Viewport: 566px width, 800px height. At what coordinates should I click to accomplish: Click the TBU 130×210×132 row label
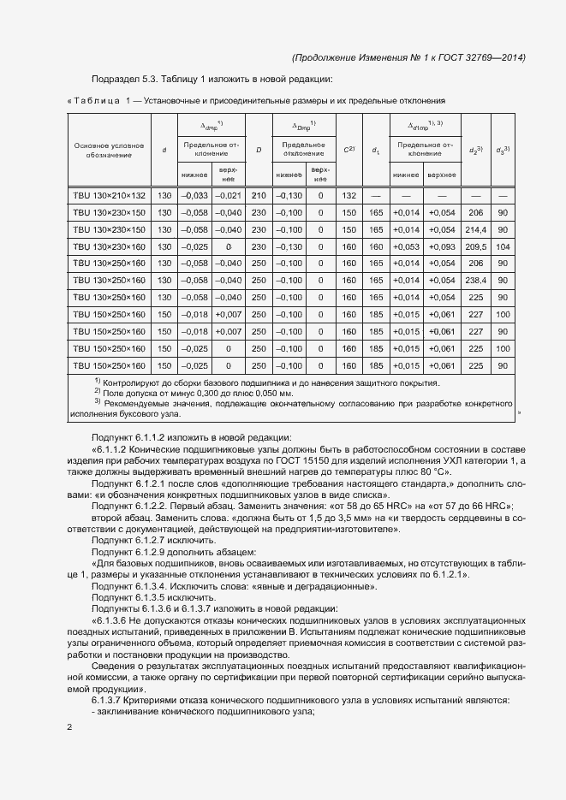pos(110,196)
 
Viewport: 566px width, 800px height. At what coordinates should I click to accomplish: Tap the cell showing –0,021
pos(229,196)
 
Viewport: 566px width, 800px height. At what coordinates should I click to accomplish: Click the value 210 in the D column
pos(259,196)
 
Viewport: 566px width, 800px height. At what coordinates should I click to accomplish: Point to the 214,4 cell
pos(477,230)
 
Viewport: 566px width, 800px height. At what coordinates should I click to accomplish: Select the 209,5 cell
pos(477,246)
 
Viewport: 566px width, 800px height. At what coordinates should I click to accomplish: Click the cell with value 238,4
pos(477,281)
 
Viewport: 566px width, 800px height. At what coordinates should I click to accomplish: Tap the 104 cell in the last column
pos(503,246)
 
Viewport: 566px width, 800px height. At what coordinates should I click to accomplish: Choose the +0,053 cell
pos(407,246)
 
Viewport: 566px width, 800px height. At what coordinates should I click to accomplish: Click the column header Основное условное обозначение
pos(109,151)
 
